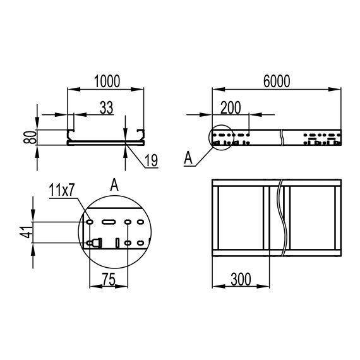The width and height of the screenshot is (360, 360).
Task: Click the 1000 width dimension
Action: pyautogui.click(x=106, y=81)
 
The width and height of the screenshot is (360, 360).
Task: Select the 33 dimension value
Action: pyautogui.click(x=106, y=108)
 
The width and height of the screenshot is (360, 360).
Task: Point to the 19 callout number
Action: pyautogui.click(x=150, y=160)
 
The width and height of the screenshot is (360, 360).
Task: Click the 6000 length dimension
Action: pyautogui.click(x=275, y=81)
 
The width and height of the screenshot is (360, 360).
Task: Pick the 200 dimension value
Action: pyautogui.click(x=232, y=108)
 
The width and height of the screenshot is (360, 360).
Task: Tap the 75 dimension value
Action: pyautogui.click(x=109, y=278)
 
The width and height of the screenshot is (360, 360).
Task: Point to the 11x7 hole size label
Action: pyautogui.click(x=62, y=189)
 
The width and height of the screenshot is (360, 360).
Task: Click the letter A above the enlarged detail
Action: pyautogui.click(x=114, y=184)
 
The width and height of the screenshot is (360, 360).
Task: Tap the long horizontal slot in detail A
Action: pyautogui.click(x=109, y=222)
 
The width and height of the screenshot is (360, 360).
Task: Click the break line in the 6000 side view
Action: pyautogui.click(x=284, y=135)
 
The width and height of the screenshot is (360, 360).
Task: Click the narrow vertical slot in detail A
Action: pyautogui.click(x=117, y=243)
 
